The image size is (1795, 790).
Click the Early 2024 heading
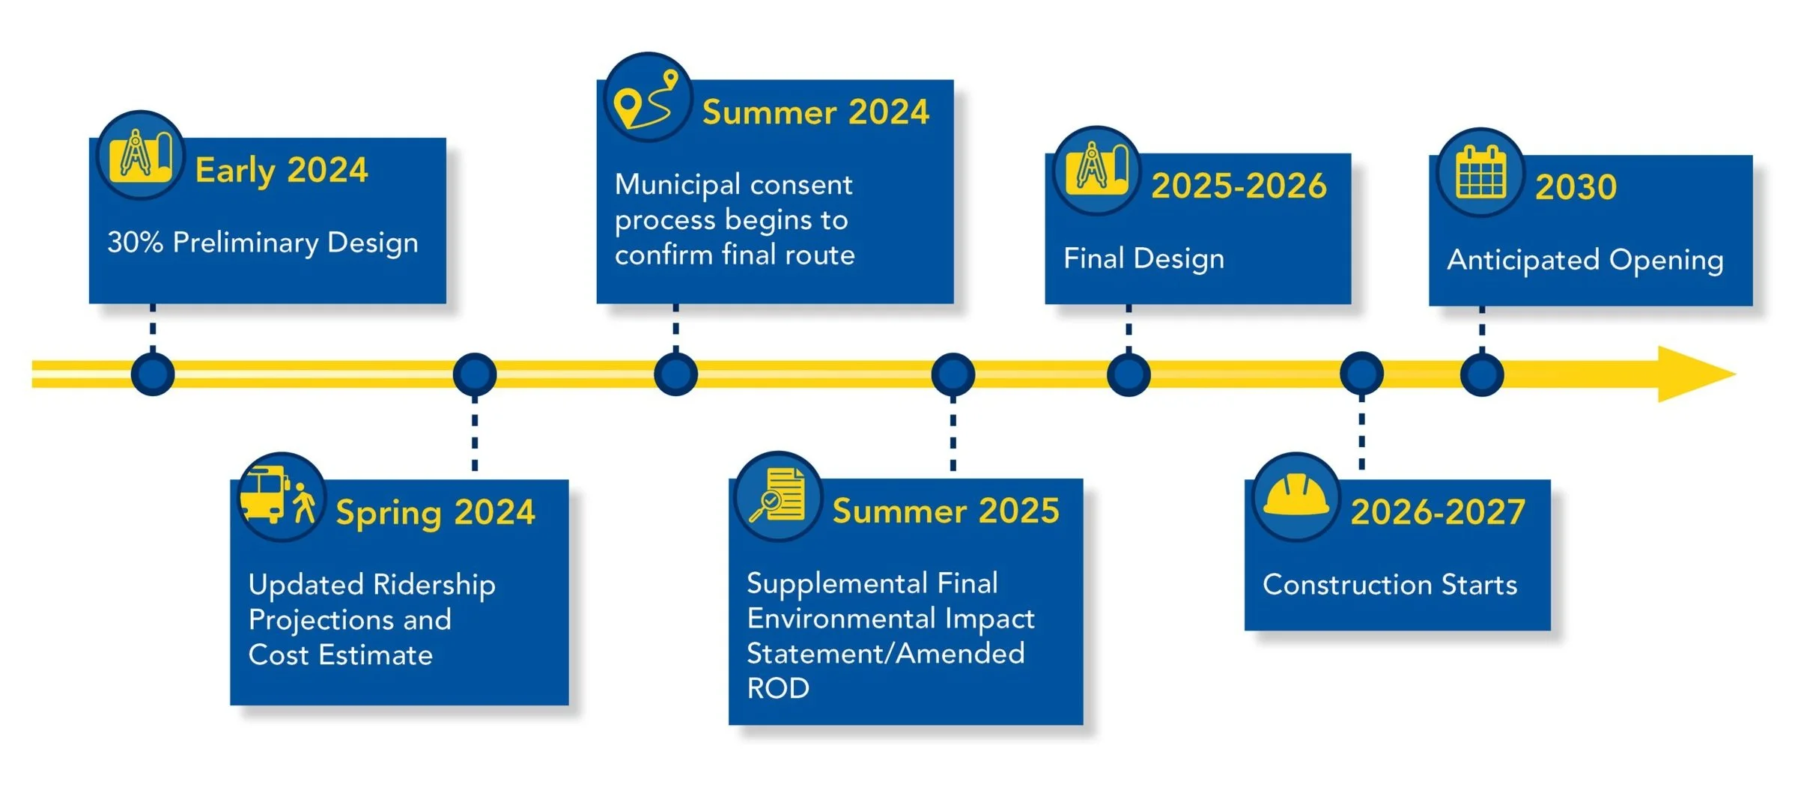pos(282,171)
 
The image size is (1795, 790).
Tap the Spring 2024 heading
pos(435,513)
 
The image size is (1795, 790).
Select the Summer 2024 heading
pos(816,112)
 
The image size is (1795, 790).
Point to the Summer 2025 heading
pos(946,511)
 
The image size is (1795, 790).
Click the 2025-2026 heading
pos(1239,186)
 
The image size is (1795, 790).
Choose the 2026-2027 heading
pos(1438,512)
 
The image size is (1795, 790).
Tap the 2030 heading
pos(1576,186)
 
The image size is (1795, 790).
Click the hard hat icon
pos(1296,496)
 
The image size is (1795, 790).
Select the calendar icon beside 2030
pos(1480,171)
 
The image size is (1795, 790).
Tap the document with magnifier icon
pos(779,496)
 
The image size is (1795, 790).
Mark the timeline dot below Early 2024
pos(153,374)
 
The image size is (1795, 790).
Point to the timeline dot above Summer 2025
pos(953,374)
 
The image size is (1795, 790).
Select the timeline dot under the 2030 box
pos(1481,374)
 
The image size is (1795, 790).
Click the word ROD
pos(778,688)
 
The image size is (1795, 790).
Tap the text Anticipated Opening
pos(1585,260)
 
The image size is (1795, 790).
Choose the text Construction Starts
pos(1390,585)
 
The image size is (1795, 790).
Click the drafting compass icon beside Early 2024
pos(140,156)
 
